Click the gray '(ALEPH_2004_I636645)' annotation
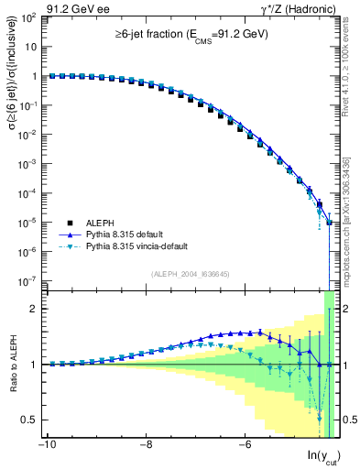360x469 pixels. pos(190,273)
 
